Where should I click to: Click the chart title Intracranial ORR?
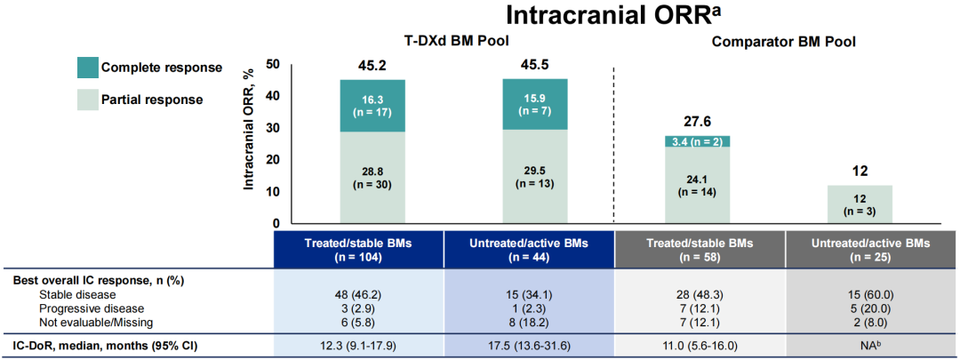tap(612, 15)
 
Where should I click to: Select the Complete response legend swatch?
tap(84, 68)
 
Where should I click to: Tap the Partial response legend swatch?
tap(84, 100)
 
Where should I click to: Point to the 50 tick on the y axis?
tap(273, 64)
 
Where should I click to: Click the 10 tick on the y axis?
tap(273, 192)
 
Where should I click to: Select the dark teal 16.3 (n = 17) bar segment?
tap(372, 106)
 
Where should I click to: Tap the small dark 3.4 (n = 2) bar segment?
tap(698, 140)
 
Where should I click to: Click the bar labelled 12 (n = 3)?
tap(860, 204)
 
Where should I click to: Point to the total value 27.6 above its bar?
tap(698, 122)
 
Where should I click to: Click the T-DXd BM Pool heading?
tap(453, 41)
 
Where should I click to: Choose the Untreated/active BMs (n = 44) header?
tap(535, 250)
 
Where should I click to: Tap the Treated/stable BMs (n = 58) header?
tap(698, 250)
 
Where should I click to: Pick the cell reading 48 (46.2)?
tap(372, 292)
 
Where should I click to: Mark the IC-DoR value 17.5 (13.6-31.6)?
tap(535, 346)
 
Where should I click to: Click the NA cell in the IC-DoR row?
tap(860, 346)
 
